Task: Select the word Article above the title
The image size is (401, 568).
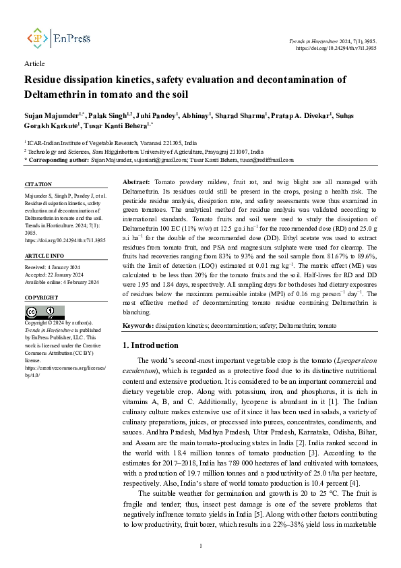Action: (34, 63)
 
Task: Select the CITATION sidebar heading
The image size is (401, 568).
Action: (38, 184)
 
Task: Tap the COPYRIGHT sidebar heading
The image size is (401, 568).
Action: (42, 297)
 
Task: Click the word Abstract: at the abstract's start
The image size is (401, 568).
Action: (137, 183)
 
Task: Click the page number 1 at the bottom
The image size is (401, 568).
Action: (201, 545)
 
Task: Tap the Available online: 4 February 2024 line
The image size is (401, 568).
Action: (61, 282)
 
